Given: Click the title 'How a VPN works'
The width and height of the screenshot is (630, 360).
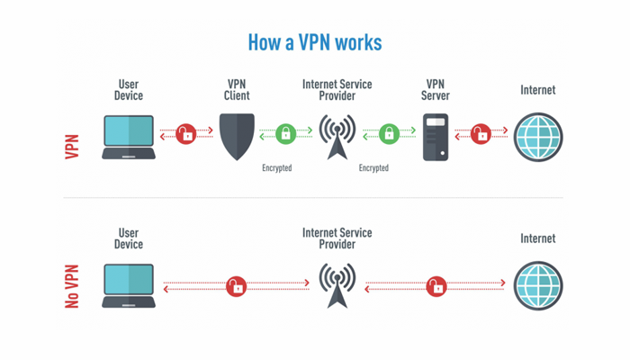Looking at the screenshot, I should [x=314, y=42].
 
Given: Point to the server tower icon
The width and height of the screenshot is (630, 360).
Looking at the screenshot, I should [x=436, y=138].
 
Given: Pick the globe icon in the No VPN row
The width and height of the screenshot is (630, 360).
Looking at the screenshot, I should [x=537, y=285].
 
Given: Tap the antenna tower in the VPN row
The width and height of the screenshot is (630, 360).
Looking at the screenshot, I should [x=337, y=135].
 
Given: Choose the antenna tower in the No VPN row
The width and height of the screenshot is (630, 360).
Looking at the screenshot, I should [x=337, y=283].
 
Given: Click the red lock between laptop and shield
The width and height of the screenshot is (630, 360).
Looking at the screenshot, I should [x=185, y=135].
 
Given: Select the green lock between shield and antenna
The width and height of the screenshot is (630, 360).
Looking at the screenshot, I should [x=285, y=135].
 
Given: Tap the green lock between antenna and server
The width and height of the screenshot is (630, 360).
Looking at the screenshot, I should [x=389, y=135].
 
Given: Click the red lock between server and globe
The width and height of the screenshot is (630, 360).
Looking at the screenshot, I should [x=481, y=135].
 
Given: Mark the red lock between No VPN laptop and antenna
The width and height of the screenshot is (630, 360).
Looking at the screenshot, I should [x=236, y=285].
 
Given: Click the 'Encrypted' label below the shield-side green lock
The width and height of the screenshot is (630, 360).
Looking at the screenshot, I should [x=277, y=167].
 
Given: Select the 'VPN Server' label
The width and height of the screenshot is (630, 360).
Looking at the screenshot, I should [x=436, y=89].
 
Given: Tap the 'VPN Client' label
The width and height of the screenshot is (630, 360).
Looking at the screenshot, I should [x=238, y=89].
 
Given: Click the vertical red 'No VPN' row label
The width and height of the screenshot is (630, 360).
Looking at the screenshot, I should [x=73, y=286].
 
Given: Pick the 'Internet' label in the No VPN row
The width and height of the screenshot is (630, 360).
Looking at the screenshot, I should [x=538, y=239].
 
